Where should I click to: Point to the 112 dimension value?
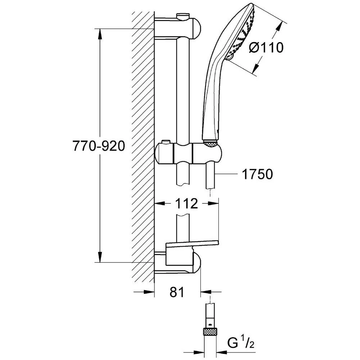click(187, 204)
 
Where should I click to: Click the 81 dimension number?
click(176, 292)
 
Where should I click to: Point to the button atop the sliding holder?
click(166, 142)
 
